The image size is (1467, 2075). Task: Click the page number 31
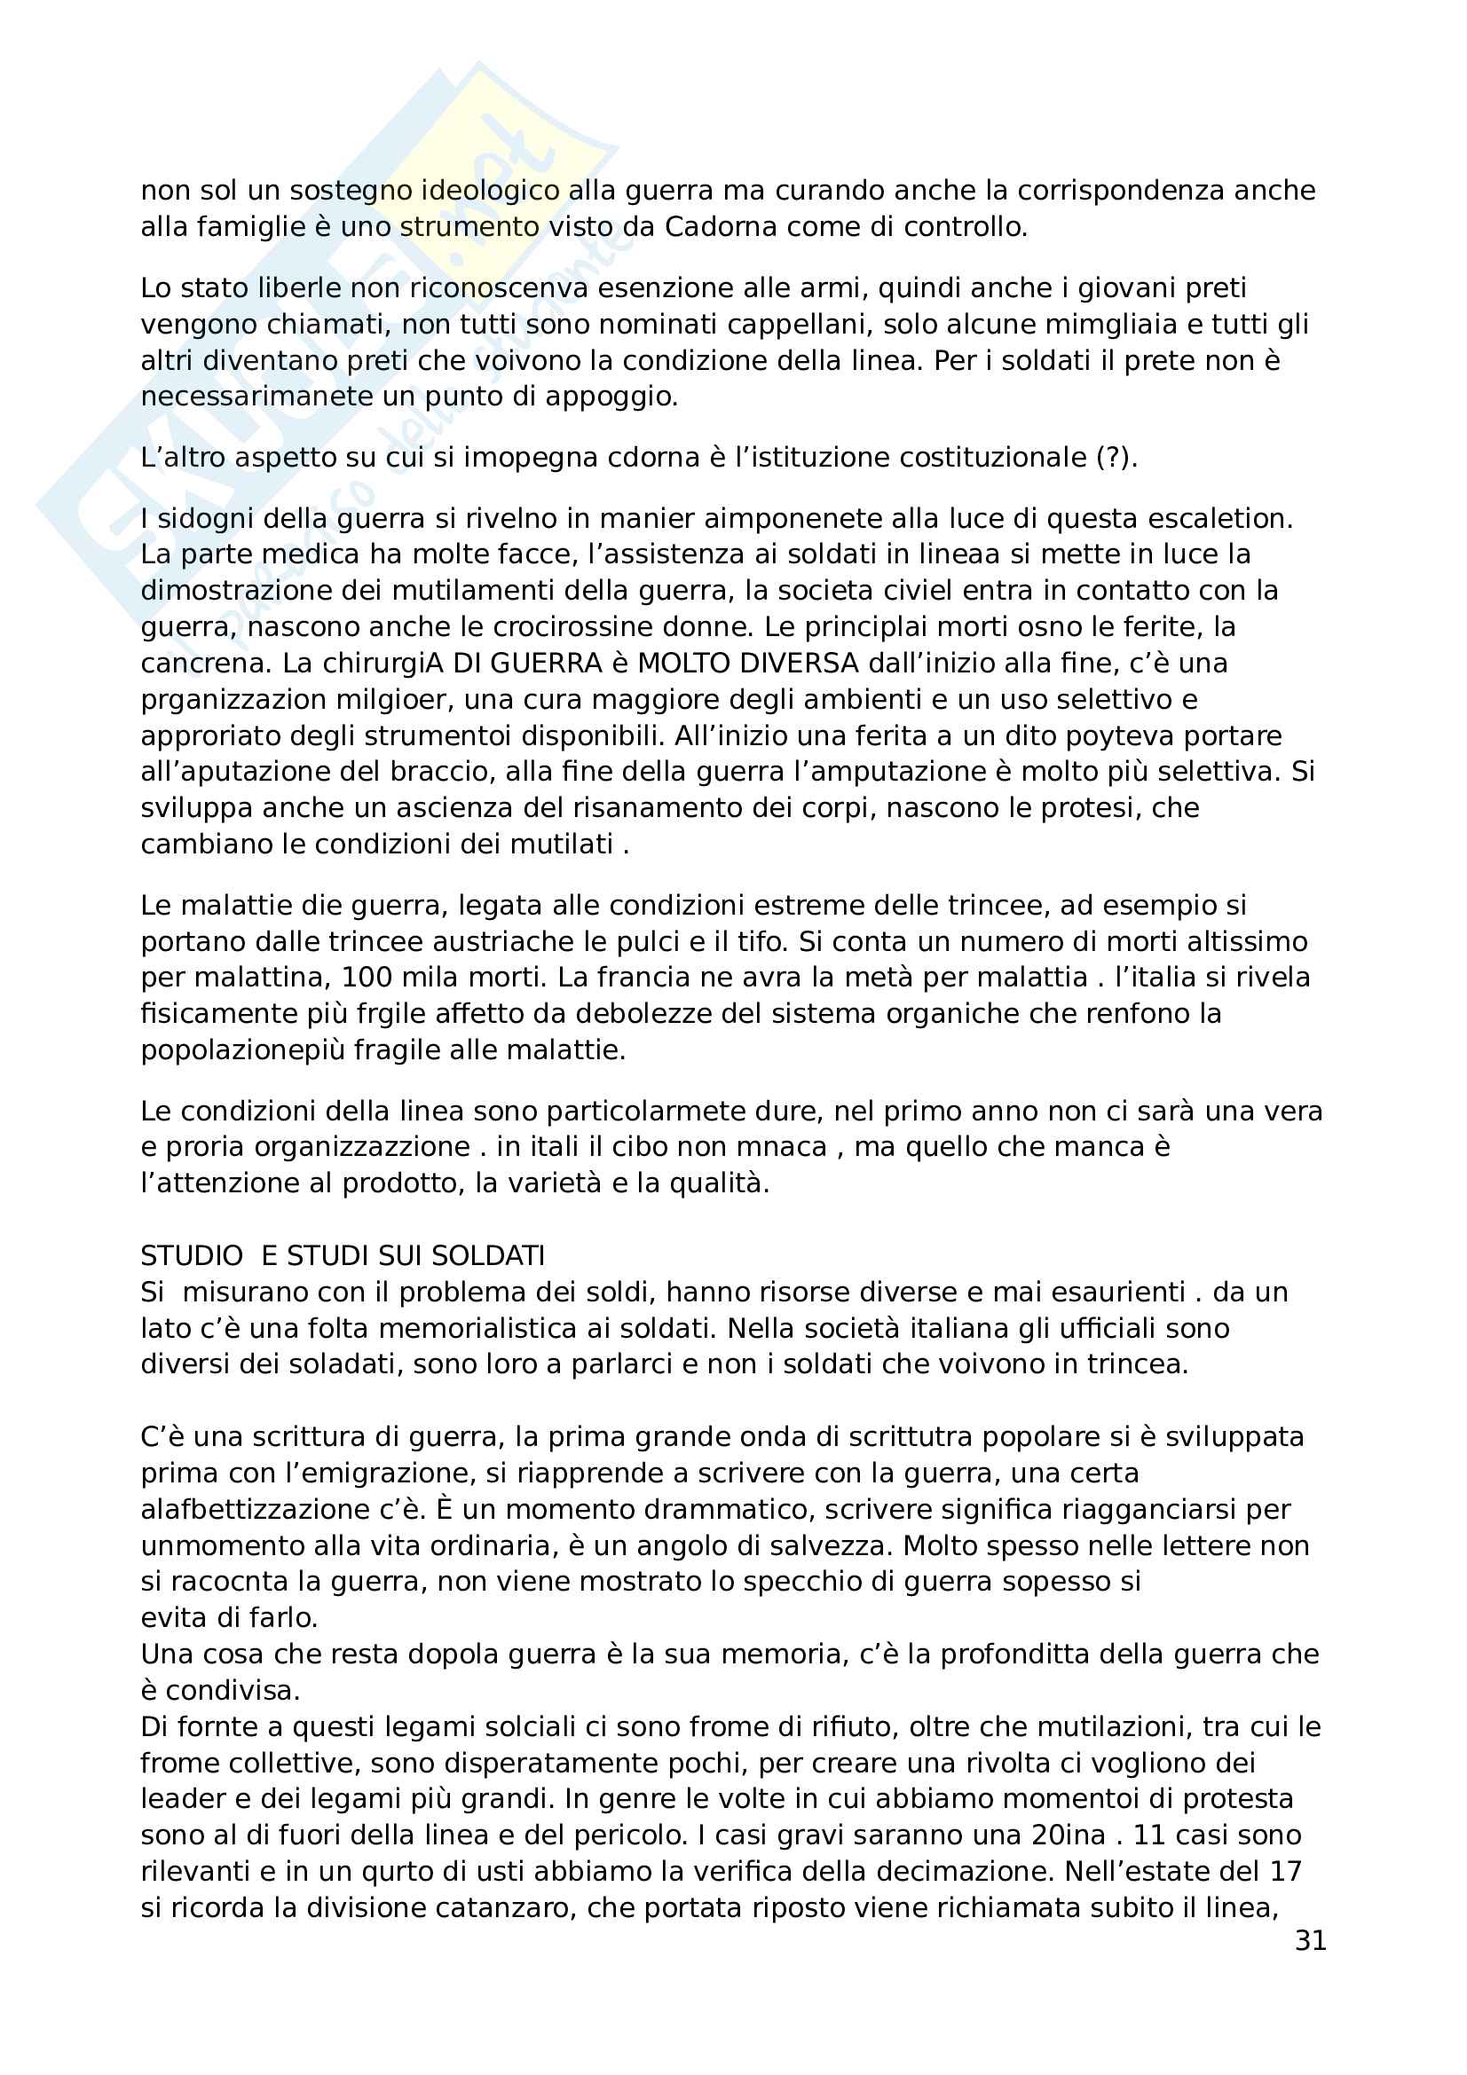pos(1310,1940)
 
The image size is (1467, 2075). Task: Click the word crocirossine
pos(586,627)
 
